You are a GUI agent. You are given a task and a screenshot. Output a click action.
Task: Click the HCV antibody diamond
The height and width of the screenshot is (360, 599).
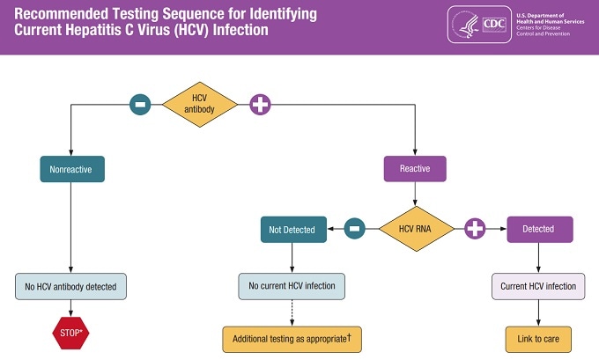coord(200,105)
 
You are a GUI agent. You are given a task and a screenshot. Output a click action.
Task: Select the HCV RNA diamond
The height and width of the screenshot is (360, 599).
coord(417,229)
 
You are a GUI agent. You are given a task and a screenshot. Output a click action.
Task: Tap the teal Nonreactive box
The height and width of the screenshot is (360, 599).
coord(71,169)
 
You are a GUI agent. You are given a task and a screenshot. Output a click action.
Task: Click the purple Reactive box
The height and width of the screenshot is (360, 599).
coord(415,169)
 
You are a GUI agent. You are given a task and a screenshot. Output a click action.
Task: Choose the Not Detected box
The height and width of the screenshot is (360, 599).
coord(292,229)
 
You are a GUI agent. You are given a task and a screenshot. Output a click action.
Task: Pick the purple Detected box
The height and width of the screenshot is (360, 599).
coord(538,229)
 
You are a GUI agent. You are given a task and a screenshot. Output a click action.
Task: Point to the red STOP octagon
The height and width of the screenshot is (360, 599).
coord(71,334)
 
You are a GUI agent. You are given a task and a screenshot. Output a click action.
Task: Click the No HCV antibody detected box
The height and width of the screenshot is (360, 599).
coord(71,286)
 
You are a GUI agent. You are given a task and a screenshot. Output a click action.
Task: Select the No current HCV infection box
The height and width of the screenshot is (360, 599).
coord(292,286)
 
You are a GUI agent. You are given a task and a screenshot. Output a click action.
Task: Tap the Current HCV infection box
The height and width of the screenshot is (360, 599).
coord(538,286)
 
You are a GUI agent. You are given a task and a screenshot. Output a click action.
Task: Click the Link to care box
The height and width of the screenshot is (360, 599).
coord(538,338)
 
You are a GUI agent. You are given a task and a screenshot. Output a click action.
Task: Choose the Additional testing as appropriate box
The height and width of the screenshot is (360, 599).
coord(292,338)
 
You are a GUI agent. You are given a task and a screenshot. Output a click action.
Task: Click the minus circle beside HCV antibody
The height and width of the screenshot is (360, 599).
coord(140,105)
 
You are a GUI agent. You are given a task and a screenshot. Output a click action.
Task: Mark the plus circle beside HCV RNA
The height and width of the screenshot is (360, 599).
coord(476,229)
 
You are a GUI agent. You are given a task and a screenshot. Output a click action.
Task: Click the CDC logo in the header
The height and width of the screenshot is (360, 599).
coord(494,25)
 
